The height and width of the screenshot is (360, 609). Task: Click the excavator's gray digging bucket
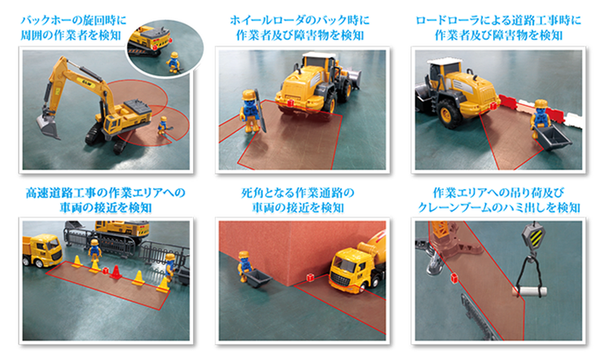(x=48, y=126)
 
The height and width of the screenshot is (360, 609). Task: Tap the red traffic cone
(x=116, y=272)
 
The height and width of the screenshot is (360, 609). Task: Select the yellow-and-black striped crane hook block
(x=533, y=236)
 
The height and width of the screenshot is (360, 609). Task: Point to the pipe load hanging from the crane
(x=530, y=292)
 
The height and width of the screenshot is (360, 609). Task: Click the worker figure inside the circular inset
(x=173, y=62)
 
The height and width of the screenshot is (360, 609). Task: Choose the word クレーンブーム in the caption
(x=454, y=208)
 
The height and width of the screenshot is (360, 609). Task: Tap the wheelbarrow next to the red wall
(x=256, y=278)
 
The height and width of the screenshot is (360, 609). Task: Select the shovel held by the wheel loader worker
(x=261, y=111)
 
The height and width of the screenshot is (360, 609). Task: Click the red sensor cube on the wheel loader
(x=290, y=103)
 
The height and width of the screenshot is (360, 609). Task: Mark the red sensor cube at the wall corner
(x=310, y=277)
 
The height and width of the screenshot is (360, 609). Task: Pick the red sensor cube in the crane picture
(x=454, y=277)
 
